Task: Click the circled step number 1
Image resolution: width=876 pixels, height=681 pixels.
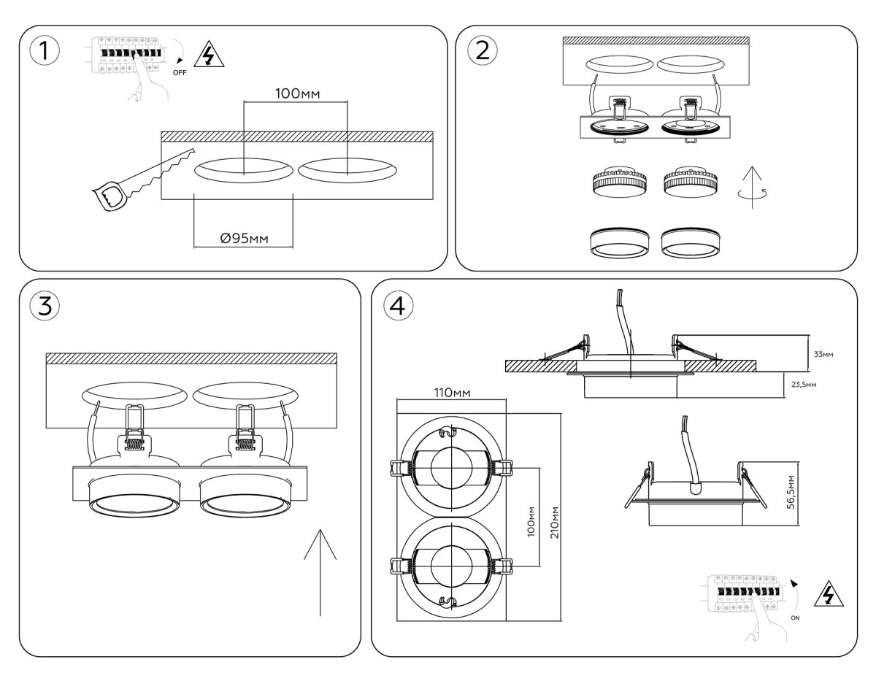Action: point(45,52)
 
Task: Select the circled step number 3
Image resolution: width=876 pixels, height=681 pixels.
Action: point(45,306)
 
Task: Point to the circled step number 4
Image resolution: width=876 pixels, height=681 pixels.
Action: point(397,306)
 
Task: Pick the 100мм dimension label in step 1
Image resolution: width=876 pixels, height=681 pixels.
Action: point(297,93)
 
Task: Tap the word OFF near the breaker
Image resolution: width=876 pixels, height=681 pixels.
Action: point(180,73)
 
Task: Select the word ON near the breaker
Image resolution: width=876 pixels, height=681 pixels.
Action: point(796,617)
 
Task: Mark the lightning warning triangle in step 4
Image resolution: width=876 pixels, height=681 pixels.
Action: point(829,595)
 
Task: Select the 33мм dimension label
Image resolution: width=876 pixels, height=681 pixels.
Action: point(823,354)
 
